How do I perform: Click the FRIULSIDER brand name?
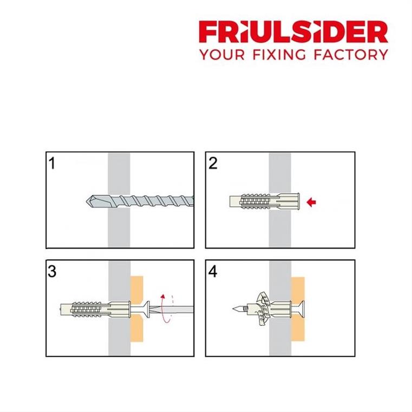[293, 31]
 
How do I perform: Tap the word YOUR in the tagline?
[222, 55]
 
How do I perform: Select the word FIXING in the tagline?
[279, 55]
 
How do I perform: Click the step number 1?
[53, 164]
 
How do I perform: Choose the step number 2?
[213, 163]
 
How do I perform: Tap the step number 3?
[52, 271]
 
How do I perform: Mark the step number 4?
[213, 272]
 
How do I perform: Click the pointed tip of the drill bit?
[87, 201]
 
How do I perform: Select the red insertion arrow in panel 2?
[311, 202]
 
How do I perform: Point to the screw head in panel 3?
[146, 309]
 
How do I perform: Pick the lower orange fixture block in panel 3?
[137, 329]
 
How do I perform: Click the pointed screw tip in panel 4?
[233, 309]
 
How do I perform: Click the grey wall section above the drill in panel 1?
[119, 174]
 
